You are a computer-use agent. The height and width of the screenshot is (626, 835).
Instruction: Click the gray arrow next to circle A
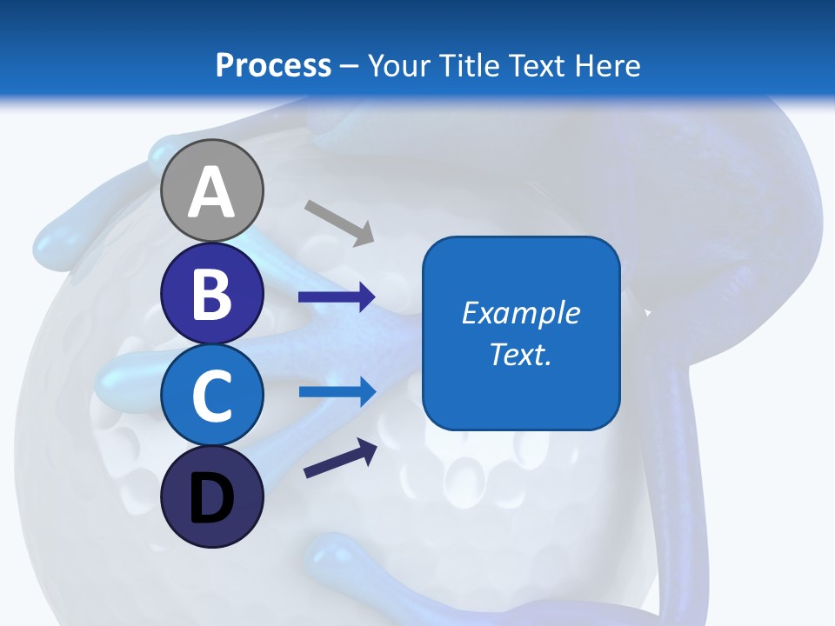pos(339,222)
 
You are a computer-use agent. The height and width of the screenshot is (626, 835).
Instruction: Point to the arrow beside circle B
pos(337,297)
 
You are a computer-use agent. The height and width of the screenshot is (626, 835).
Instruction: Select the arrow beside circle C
pos(337,391)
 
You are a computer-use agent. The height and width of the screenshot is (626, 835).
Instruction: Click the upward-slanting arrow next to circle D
pos(340,458)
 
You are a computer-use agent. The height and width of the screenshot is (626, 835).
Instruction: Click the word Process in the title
pos(273,65)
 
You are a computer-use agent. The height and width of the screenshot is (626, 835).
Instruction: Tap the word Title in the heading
pos(468,65)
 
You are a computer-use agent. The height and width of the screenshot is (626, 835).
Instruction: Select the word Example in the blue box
pos(520,313)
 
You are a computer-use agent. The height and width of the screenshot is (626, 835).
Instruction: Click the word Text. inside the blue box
pos(520,354)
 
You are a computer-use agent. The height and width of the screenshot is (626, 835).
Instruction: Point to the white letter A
pos(211,193)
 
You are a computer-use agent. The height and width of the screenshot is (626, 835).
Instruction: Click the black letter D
pos(211,499)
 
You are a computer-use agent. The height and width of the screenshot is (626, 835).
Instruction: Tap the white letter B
pos(211,294)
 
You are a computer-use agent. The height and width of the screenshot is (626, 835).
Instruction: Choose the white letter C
pos(211,396)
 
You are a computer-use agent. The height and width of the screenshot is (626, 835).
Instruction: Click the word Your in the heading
pos(398,65)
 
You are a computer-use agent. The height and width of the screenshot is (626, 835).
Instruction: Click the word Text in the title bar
pos(531,65)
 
